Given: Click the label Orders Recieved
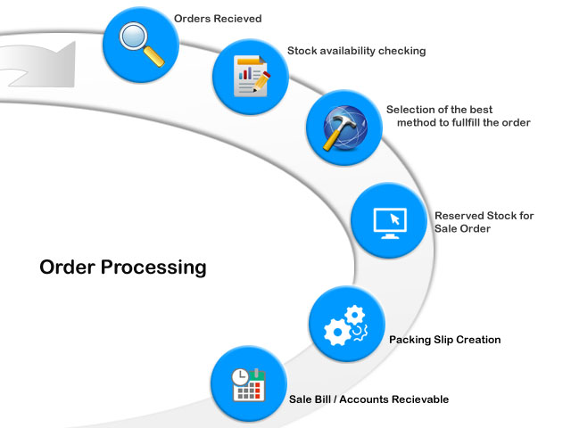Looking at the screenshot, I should click(x=218, y=18).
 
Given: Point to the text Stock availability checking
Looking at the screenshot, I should click(x=356, y=51).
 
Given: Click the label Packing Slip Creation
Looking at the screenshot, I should click(x=444, y=340).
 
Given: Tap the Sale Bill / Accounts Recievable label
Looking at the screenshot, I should click(x=368, y=399).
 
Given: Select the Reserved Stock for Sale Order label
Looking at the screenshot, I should click(x=484, y=222).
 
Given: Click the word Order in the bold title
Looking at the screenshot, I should click(x=68, y=267).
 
